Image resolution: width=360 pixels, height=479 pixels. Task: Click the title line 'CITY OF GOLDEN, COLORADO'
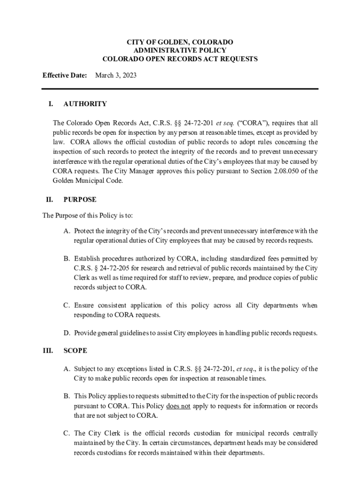(180, 42)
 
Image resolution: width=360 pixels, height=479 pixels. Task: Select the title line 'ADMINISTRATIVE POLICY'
(180, 51)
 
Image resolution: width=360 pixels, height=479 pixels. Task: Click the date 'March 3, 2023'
(116, 75)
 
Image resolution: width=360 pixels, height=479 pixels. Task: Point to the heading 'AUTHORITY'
(85, 104)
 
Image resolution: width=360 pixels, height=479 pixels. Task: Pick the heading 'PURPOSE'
(80, 199)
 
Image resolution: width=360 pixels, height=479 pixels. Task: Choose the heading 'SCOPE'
(75, 350)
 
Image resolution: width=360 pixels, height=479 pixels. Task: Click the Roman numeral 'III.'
(48, 350)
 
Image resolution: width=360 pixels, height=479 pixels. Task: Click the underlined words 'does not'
(178, 406)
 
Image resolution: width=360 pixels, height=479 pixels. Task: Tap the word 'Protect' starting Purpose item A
(84, 231)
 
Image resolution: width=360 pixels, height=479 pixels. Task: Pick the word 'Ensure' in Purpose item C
(84, 305)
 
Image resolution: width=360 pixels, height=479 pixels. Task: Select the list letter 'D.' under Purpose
(67, 333)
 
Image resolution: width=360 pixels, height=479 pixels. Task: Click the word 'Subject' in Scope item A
(85, 369)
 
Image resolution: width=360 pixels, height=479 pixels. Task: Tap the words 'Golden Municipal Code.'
(88, 181)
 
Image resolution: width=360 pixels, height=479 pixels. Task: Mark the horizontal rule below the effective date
(180, 89)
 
